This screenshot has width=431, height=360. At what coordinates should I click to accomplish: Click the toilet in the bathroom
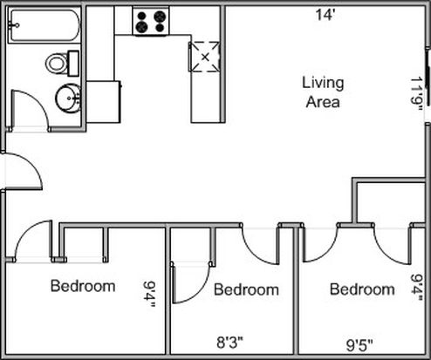(x=62, y=64)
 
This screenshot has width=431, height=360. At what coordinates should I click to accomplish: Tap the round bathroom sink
(x=68, y=98)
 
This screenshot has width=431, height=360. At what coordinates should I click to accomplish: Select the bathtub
(x=44, y=25)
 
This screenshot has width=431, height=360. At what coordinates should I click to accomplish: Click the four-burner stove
(x=151, y=21)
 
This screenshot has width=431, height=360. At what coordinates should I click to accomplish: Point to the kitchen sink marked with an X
(x=205, y=57)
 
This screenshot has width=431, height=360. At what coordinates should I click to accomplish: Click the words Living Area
(x=323, y=92)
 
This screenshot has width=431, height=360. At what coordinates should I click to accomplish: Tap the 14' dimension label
(x=325, y=15)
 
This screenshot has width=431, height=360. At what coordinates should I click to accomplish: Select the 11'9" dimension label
(x=416, y=94)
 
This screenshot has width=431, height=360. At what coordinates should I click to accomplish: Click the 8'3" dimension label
(x=229, y=343)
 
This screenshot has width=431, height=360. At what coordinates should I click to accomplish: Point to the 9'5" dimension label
(x=359, y=345)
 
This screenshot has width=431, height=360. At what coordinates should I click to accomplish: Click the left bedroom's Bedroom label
(x=83, y=286)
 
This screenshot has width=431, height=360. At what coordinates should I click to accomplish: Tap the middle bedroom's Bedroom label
(x=246, y=289)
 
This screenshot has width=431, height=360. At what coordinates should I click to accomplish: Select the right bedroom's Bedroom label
(x=362, y=289)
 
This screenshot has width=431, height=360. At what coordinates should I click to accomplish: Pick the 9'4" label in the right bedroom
(x=417, y=288)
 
